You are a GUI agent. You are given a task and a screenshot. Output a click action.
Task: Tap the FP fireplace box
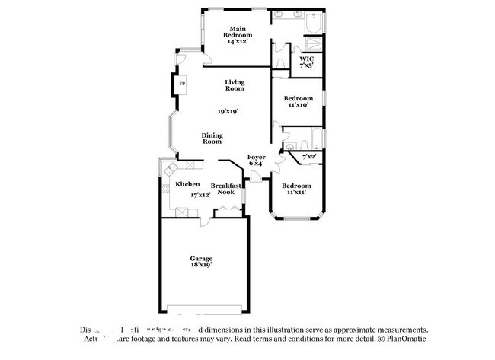pos(182,83)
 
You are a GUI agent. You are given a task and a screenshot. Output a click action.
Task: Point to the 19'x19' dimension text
pos(228,111)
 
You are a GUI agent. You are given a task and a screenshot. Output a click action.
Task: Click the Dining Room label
pos(212,139)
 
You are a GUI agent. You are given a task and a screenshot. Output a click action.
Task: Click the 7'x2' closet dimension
pos(309,157)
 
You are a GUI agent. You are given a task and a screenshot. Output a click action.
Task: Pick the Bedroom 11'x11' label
pos(295,189)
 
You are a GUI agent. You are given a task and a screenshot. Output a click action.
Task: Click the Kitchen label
pos(187,184)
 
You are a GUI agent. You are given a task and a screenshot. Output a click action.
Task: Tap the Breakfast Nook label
pos(225,189)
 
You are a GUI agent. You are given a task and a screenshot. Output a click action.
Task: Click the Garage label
pos(201,259)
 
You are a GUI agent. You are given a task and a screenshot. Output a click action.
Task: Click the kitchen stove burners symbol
pos(164,190)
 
